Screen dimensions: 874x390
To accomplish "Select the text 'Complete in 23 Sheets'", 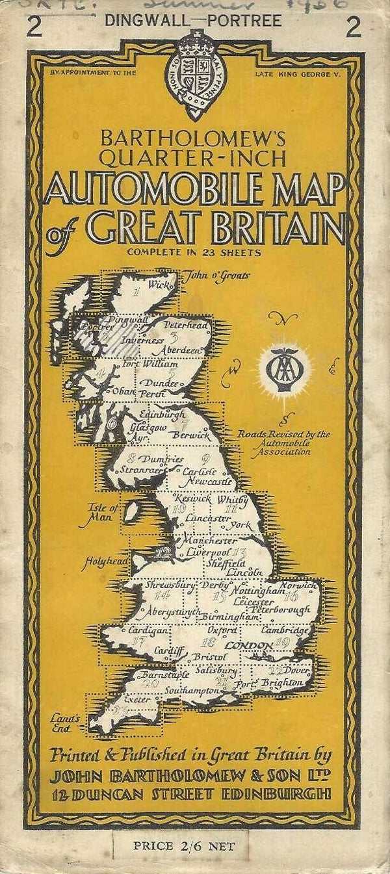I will (195, 253).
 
